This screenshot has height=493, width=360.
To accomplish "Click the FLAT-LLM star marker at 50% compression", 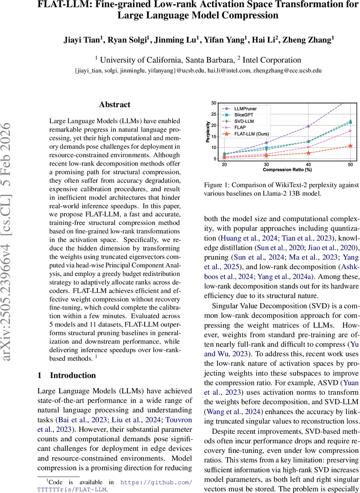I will click(x=350, y=146).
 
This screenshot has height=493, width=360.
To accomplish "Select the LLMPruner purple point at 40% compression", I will click(x=308, y=126).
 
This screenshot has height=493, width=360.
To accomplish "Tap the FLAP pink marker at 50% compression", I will click(x=350, y=131).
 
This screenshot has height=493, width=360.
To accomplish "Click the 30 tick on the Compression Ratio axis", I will click(x=266, y=164).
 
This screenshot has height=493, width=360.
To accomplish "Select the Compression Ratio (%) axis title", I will click(x=287, y=169).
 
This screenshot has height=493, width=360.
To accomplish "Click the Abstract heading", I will click(x=114, y=104).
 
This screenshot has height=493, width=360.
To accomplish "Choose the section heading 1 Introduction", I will click(x=67, y=375).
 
